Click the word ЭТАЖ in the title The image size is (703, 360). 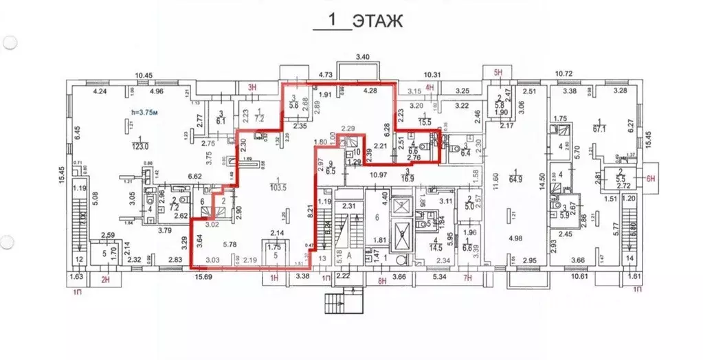378,21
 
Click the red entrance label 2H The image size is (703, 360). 105,279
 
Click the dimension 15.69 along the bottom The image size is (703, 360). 204,277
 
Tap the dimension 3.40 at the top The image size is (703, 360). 362,56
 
